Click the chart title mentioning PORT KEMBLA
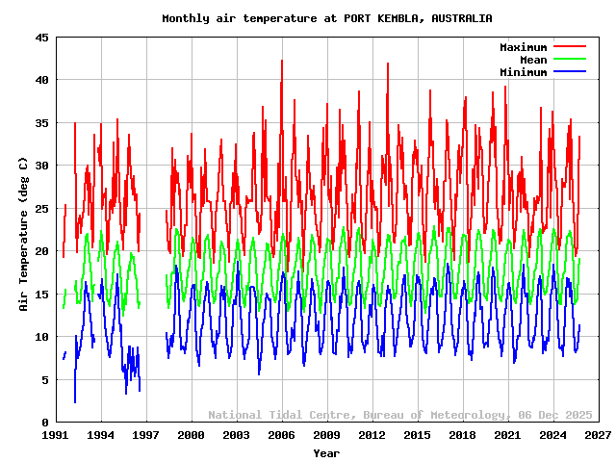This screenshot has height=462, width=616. tap(326, 18)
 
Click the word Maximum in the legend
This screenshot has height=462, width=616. tap(523, 47)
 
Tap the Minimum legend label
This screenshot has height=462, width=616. tap(523, 72)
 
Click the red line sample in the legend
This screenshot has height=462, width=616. tap(569, 47)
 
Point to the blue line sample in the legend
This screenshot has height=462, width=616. tap(569, 72)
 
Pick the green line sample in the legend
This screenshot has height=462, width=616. tap(569, 60)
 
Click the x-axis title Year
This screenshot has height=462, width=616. tap(326, 452)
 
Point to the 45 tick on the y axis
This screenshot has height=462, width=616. tap(43, 38)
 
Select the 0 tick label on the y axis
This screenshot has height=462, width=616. tap(46, 423)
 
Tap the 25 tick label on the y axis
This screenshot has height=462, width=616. tap(43, 209)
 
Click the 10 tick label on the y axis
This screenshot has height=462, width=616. tap(43, 337)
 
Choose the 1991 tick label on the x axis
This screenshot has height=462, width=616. tap(56, 436)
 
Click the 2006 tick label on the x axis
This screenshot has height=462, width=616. tap(281, 436)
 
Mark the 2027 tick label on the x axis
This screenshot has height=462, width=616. tap(598, 436)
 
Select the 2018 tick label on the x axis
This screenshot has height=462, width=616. tap(462, 436)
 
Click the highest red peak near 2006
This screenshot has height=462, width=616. tap(282, 61)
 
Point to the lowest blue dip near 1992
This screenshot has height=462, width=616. tap(75, 401)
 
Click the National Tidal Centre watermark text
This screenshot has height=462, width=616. tap(400, 415)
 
